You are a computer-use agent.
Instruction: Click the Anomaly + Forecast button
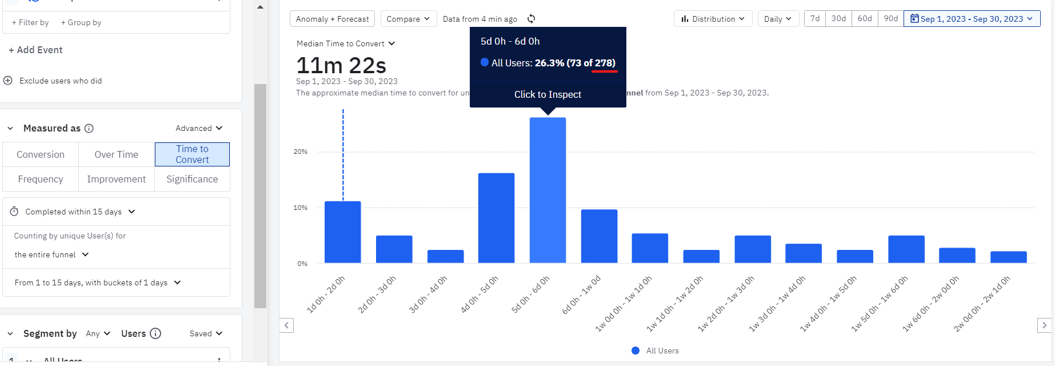click(332, 19)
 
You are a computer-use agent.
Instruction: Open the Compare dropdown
click(408, 19)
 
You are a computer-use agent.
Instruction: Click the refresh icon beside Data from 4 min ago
click(532, 19)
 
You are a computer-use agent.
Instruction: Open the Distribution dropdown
click(713, 19)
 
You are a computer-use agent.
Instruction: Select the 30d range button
click(838, 19)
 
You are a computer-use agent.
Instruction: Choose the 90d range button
click(890, 19)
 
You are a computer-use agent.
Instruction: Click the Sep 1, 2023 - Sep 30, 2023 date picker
click(972, 19)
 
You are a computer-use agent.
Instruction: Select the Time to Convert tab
click(192, 154)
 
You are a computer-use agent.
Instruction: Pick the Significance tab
click(192, 179)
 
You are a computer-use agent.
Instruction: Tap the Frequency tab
click(41, 179)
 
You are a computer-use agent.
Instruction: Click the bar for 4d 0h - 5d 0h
click(496, 218)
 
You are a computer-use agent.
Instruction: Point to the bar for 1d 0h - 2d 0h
click(342, 232)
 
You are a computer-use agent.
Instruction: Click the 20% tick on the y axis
click(301, 152)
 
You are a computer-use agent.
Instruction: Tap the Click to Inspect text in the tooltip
click(548, 94)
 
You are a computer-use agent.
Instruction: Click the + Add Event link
click(35, 50)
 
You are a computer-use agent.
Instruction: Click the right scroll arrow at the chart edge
click(1044, 325)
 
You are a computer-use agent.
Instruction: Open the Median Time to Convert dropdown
click(345, 43)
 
